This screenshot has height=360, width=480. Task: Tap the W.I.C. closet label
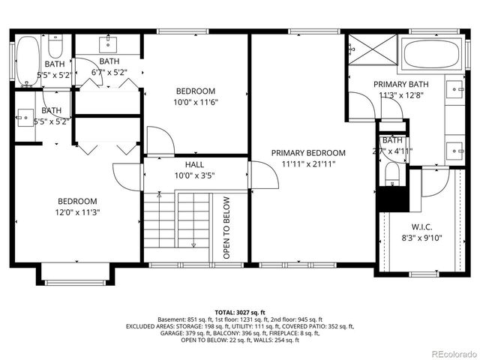(422, 226)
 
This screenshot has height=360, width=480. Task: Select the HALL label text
(194, 164)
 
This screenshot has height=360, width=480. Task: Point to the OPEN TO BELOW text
(226, 228)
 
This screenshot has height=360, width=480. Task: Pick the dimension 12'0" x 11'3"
(78, 212)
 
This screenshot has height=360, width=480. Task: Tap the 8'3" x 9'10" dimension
(422, 238)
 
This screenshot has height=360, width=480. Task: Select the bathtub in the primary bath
(427, 54)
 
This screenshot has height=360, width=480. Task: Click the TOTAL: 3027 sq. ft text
(240, 312)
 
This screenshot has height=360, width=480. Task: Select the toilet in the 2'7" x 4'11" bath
(391, 175)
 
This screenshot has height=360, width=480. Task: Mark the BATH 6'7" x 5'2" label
(109, 67)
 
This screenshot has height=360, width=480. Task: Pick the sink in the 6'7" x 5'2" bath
(109, 41)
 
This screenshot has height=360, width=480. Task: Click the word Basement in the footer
(172, 319)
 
